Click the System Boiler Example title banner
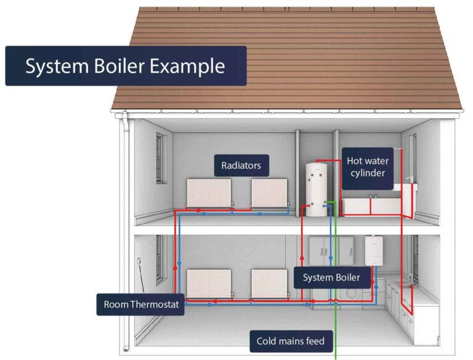[x=126, y=66]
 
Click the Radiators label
[x=241, y=165]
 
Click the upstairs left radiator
[x=209, y=193]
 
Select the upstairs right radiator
[x=269, y=193]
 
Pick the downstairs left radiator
[x=209, y=284]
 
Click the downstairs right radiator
[x=269, y=284]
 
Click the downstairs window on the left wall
[x=161, y=260]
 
